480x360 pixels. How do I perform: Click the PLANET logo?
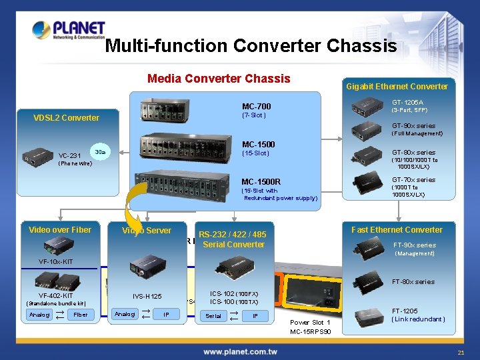pyautogui.click(x=69, y=31)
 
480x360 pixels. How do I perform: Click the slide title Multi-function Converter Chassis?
pyautogui.click(x=251, y=46)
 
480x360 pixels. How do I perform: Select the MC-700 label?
pyautogui.click(x=256, y=106)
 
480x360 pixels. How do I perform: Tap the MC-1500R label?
pyautogui.click(x=261, y=181)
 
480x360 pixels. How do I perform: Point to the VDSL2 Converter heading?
pyautogui.click(x=66, y=118)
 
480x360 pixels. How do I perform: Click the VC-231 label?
pyautogui.click(x=69, y=155)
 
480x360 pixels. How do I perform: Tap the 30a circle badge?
pyautogui.click(x=99, y=152)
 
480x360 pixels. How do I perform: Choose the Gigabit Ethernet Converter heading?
pyautogui.click(x=397, y=86)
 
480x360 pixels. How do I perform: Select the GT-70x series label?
pyautogui.click(x=413, y=180)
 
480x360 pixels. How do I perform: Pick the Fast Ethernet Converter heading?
pyautogui.click(x=397, y=229)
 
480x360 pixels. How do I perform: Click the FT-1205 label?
pyautogui.click(x=405, y=311)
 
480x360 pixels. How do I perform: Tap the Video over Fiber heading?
pyautogui.click(x=60, y=230)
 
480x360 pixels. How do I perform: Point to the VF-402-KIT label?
pyautogui.click(x=56, y=295)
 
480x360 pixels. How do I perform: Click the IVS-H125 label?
pyautogui.click(x=147, y=296)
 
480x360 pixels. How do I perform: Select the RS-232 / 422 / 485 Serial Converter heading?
pyautogui.click(x=233, y=239)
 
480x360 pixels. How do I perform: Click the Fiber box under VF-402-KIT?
pyautogui.click(x=81, y=315)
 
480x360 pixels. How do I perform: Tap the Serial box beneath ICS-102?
pyautogui.click(x=213, y=315)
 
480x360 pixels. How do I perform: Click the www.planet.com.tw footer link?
pyautogui.click(x=241, y=351)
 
